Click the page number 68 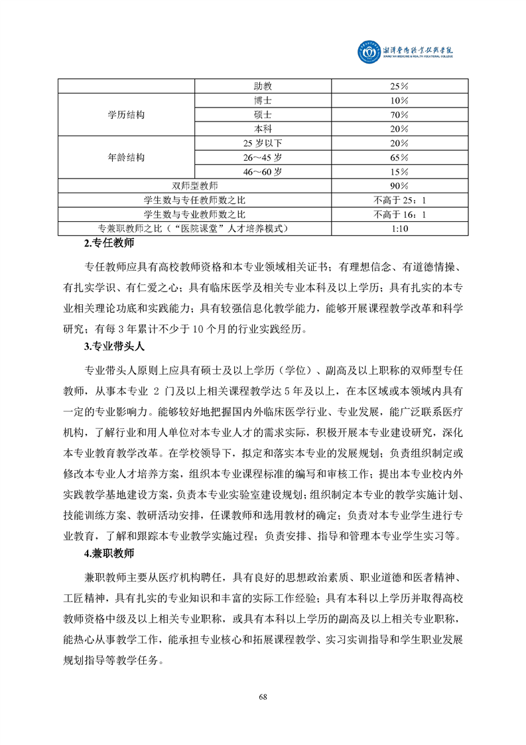tap(263, 696)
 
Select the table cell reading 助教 tap(263, 86)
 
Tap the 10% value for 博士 tap(399, 100)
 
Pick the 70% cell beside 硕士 tap(399, 115)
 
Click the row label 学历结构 tap(126, 115)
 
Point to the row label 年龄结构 tap(126, 158)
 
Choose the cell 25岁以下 tap(263, 143)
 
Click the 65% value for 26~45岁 tap(399, 158)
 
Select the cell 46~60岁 tap(263, 172)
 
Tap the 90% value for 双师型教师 tap(399, 186)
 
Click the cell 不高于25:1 tap(399, 200)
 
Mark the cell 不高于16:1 tap(399, 214)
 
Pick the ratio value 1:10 tap(399, 228)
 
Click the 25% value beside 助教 tap(399, 86)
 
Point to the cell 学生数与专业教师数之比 tap(195, 214)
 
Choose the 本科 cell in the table tap(263, 129)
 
